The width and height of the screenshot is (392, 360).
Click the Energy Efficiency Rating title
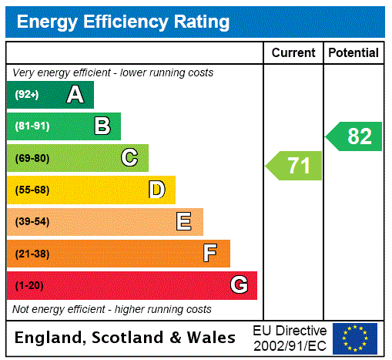coord(123,22)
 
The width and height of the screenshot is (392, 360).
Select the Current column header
coord(293,53)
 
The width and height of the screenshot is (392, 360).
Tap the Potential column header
coord(353,53)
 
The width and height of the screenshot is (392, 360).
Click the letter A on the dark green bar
coord(75,95)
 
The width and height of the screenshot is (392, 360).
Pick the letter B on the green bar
coord(102,126)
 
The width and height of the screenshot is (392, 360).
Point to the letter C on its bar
coord(129,158)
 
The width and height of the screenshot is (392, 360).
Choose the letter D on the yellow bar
coord(156,190)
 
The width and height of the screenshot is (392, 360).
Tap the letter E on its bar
coord(184,222)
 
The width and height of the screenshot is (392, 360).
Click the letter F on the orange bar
coord(210,253)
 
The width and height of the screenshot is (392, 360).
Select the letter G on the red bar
coord(239,285)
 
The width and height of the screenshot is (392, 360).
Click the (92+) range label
coord(27,95)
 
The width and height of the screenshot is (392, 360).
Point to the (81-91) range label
coord(31,126)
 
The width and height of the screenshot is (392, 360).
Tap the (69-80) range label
coord(32,158)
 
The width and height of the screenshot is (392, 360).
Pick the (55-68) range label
coord(32,190)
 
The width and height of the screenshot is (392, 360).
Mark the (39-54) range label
coord(32,222)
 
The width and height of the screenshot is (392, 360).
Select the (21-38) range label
coord(32,253)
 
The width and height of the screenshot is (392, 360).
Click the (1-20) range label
coord(29,285)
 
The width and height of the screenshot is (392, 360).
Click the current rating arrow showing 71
coord(295,166)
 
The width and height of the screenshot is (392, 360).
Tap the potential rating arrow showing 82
coord(355,136)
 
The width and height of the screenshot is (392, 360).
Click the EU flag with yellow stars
coord(355,338)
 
